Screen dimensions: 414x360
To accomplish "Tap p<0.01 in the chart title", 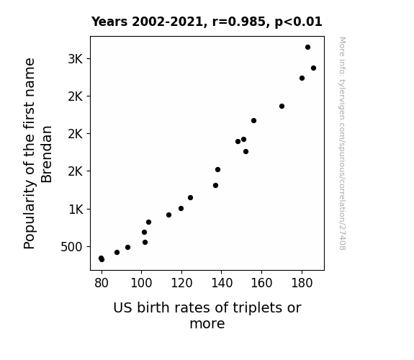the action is click(x=299, y=22).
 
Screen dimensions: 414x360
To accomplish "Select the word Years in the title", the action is click(x=109, y=22).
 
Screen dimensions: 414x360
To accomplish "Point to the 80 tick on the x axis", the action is click(x=102, y=283).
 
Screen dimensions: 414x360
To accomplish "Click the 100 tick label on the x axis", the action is click(x=142, y=283).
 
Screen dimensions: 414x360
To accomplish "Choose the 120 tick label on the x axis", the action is click(x=181, y=283).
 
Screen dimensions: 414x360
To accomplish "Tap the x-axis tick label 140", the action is click(x=222, y=283).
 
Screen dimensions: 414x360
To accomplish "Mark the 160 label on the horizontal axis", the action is click(x=261, y=283).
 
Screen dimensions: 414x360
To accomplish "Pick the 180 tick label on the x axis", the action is click(x=302, y=283).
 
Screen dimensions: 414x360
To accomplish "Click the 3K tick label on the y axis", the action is click(x=76, y=59).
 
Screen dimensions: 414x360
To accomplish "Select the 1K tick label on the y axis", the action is click(x=76, y=210).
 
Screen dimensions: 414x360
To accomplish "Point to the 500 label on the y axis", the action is click(x=71, y=247).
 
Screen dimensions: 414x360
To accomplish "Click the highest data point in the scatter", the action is click(x=307, y=48).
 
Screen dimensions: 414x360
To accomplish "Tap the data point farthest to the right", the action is click(x=313, y=68).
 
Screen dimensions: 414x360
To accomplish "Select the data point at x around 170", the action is click(x=282, y=106).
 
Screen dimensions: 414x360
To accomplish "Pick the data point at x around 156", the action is click(x=253, y=121).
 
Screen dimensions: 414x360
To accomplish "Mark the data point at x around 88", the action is click(x=117, y=252).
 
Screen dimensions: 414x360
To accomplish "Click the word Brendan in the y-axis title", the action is click(x=47, y=154).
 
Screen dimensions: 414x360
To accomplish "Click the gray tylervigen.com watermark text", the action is click(x=342, y=143).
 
